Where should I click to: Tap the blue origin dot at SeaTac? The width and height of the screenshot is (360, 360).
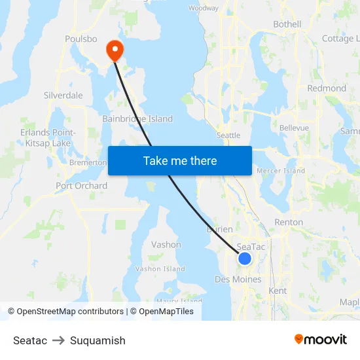point(245,259)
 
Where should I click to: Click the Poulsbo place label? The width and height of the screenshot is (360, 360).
point(81,39)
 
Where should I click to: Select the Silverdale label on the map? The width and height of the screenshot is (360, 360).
point(63,95)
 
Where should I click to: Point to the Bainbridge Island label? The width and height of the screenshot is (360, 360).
point(137,119)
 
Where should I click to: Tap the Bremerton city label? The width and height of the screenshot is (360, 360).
point(88,162)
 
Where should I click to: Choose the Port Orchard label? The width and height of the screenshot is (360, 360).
point(81,186)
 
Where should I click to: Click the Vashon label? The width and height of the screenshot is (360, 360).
point(166,245)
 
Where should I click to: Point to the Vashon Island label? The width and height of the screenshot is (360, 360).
point(160,269)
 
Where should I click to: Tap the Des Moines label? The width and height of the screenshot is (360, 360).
point(238,279)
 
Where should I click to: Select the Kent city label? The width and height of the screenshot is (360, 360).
point(278,290)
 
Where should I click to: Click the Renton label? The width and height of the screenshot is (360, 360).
point(289,223)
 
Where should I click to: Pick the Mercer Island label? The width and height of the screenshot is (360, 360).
point(281,171)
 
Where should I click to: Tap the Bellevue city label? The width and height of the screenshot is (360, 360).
point(294,128)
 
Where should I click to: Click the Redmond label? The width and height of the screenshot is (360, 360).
point(327,88)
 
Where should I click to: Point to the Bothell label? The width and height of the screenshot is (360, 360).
point(287,24)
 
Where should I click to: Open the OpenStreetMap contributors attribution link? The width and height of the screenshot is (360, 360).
point(70,312)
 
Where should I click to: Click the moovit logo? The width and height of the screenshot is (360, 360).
point(321,339)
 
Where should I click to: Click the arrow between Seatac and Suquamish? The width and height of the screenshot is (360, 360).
point(58,340)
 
